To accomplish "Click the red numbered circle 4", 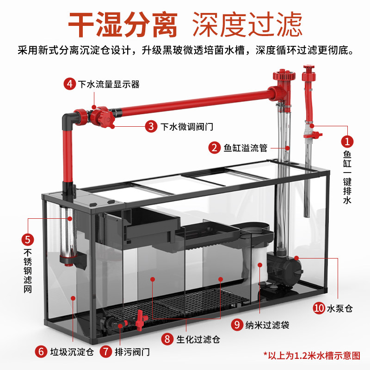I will click(69, 85).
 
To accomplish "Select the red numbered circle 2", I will click(214, 148).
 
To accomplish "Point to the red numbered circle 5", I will click(28, 239).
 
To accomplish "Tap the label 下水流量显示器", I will click(109, 85).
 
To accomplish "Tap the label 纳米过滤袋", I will click(267, 325).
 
